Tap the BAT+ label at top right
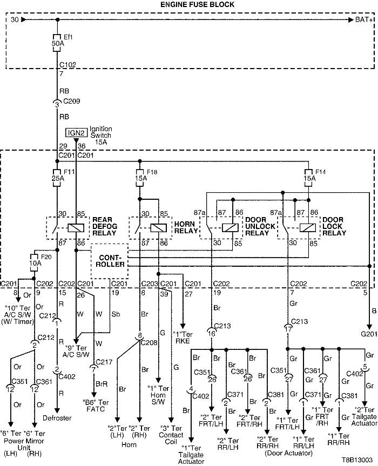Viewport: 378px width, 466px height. (363, 20)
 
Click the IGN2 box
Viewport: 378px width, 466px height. (75, 133)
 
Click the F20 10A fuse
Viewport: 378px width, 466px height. (35, 264)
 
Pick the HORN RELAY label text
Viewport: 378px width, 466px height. (186, 227)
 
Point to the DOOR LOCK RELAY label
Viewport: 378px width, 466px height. (335, 227)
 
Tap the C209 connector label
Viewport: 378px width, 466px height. (71, 102)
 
